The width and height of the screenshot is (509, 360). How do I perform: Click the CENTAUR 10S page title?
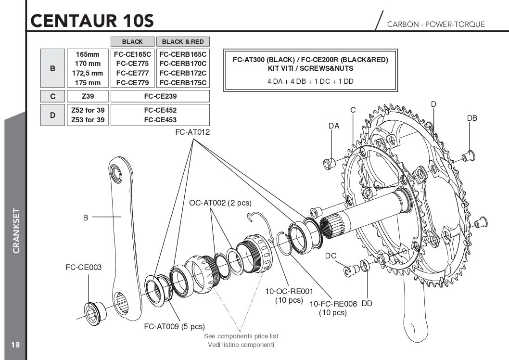pos(91,21)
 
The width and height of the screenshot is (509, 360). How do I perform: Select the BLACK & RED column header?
pos(183,42)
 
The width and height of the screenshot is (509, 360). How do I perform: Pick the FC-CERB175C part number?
pos(183,82)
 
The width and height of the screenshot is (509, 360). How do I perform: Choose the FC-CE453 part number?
pos(160,119)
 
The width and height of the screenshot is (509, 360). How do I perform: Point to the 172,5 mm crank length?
pos(88,73)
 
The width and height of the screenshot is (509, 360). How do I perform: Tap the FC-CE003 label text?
pos(84,267)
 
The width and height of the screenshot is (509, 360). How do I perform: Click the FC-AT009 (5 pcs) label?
pos(174,326)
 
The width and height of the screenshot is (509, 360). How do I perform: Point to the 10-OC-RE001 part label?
pos(289,291)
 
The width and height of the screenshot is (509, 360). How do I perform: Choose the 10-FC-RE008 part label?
pos(333,304)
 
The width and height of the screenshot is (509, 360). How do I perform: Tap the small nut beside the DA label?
pos(330,163)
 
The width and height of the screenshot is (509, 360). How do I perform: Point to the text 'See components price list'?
pos(241,336)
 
